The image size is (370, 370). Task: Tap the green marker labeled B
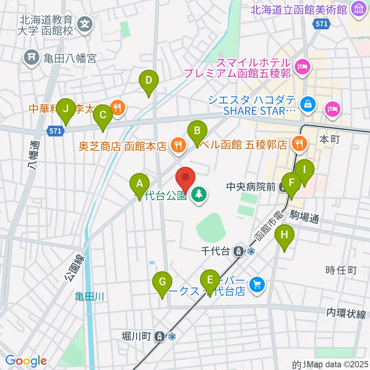pyautogui.click(x=197, y=131)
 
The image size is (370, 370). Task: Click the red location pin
pyautogui.click(x=185, y=178)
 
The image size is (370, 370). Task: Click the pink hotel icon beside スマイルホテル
pyautogui.click(x=301, y=67)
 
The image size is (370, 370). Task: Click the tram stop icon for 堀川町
pyautogui.click(x=160, y=336)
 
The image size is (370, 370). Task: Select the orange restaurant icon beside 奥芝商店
pyautogui.click(x=178, y=146)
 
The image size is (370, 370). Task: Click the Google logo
pyautogui.click(x=26, y=361)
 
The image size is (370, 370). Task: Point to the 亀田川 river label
pyautogui.click(x=90, y=296)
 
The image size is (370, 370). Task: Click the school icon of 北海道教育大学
pyautogui.click(x=85, y=25)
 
